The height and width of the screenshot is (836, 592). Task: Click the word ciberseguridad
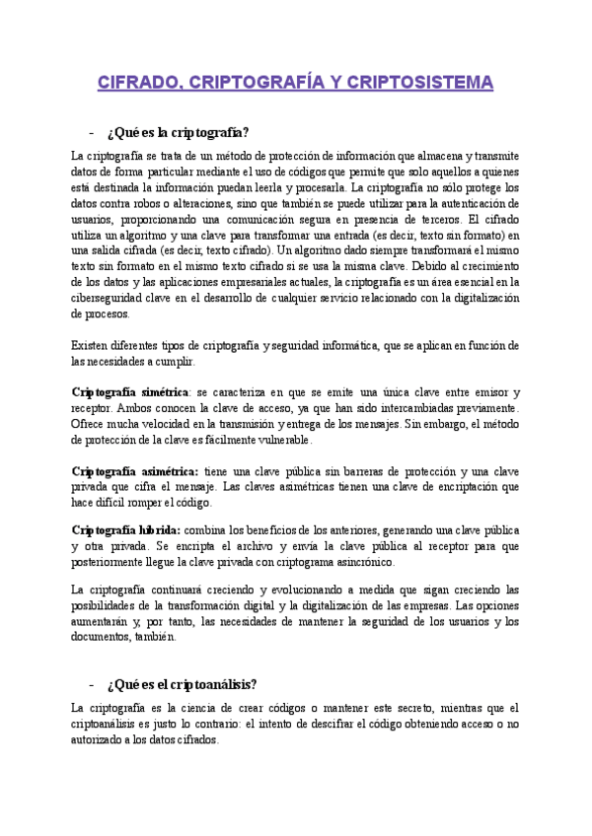coord(111,298)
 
